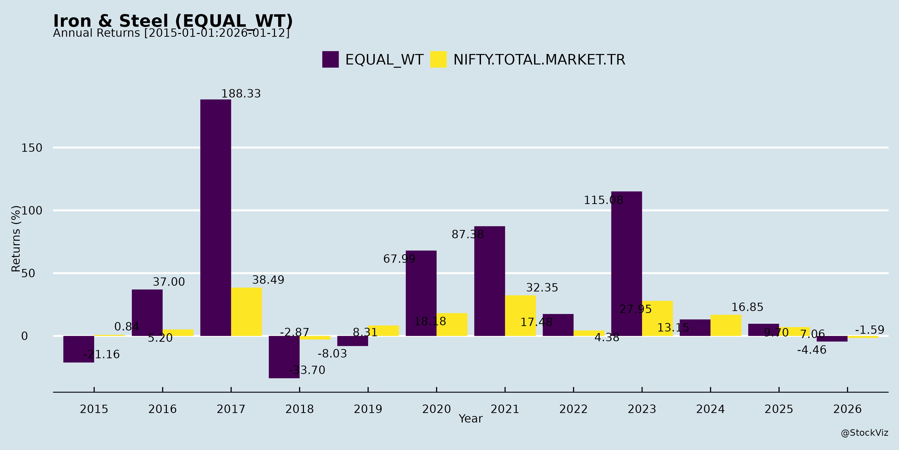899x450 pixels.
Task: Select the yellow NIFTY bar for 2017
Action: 246,312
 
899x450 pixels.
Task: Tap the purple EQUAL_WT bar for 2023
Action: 627,263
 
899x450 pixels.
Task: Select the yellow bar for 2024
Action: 726,325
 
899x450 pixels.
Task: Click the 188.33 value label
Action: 241,94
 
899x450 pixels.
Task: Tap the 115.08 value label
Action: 603,200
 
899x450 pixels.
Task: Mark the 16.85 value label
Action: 747,307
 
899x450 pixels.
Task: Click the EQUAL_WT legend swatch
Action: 330,59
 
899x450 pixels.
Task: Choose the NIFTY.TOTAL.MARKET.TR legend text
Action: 539,60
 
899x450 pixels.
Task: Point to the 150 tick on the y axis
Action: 32,148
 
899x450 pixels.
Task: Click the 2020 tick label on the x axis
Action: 436,409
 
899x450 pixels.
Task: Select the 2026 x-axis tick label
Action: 847,409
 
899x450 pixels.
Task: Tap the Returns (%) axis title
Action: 16,239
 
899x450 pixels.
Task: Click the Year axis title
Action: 470,418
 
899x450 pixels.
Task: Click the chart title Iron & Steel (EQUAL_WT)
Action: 173,21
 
